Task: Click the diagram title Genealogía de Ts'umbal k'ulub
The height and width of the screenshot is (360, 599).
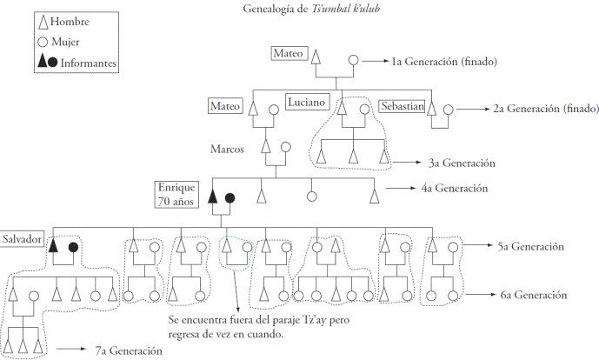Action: (311, 9)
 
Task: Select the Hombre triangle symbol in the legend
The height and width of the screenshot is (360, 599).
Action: (43, 23)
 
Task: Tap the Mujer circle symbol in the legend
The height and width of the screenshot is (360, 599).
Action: (43, 42)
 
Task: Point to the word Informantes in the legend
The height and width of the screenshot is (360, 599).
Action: (89, 63)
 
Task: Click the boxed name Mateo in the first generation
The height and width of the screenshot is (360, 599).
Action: (289, 53)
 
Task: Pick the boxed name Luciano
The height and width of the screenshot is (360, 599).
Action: (307, 102)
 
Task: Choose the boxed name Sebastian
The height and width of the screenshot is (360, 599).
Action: (403, 106)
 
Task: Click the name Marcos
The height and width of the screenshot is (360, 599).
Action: (227, 149)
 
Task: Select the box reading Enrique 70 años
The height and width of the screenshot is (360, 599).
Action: (176, 195)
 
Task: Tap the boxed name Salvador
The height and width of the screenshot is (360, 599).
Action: (22, 239)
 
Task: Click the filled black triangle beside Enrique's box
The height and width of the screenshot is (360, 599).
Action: (213, 197)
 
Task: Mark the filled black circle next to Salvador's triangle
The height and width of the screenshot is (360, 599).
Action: (73, 248)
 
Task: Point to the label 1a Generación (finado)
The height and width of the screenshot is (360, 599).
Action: (444, 62)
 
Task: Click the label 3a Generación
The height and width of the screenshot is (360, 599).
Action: (462, 163)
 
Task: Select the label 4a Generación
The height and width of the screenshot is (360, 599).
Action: (455, 189)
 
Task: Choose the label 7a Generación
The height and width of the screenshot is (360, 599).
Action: (129, 350)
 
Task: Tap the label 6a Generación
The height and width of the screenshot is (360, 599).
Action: (534, 295)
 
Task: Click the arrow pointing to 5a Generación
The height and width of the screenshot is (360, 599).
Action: (477, 245)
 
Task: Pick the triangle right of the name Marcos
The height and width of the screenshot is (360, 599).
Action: (266, 147)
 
